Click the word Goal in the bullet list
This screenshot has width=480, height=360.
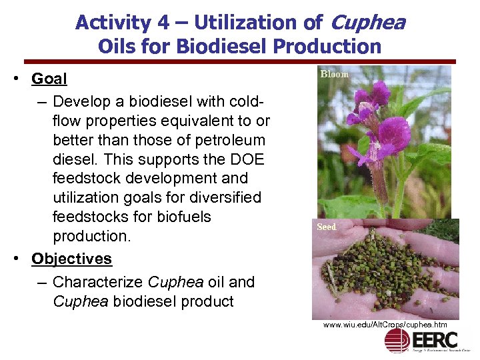point(49,79)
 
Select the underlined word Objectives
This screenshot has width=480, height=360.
point(71,259)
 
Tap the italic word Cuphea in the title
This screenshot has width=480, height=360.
point(367,23)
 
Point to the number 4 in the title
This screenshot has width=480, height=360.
point(162,23)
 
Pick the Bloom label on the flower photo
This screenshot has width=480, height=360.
point(335,74)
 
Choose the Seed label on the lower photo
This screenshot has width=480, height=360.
point(327,227)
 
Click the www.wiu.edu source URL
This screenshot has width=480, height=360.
point(385,325)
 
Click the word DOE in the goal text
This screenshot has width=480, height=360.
point(249,160)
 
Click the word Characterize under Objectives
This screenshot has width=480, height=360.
point(98,282)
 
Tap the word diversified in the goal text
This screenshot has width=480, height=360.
point(223,198)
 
